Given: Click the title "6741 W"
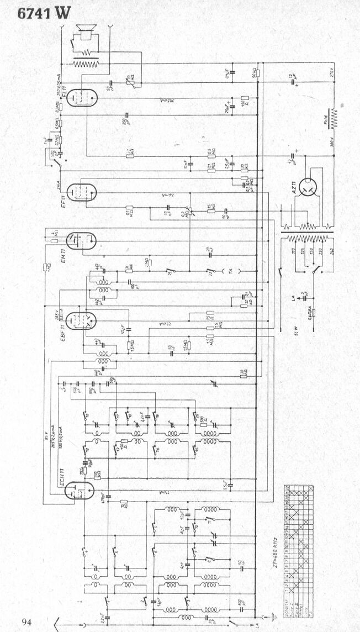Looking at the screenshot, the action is (x=44, y=14).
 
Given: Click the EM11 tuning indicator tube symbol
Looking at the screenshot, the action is (x=82, y=241).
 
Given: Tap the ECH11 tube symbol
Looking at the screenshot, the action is (x=80, y=489).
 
